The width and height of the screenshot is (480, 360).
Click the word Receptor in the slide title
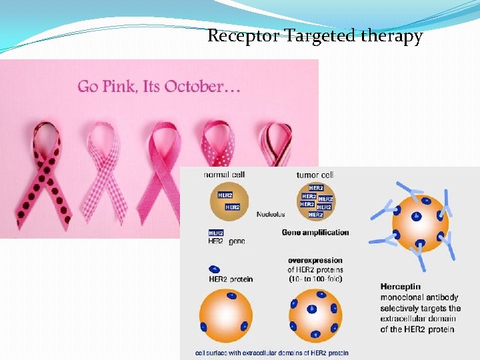(x=243, y=36)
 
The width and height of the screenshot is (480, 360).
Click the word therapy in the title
(x=391, y=37)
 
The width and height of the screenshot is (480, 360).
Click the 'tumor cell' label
(x=315, y=175)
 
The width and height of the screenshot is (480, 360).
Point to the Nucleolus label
(x=271, y=215)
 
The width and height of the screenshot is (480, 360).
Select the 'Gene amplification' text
(x=315, y=233)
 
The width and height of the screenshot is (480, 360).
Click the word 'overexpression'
(x=315, y=261)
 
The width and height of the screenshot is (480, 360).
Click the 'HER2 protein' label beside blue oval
(x=231, y=279)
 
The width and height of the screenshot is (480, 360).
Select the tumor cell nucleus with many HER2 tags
(x=315, y=201)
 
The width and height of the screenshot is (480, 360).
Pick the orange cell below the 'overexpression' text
(x=315, y=319)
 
